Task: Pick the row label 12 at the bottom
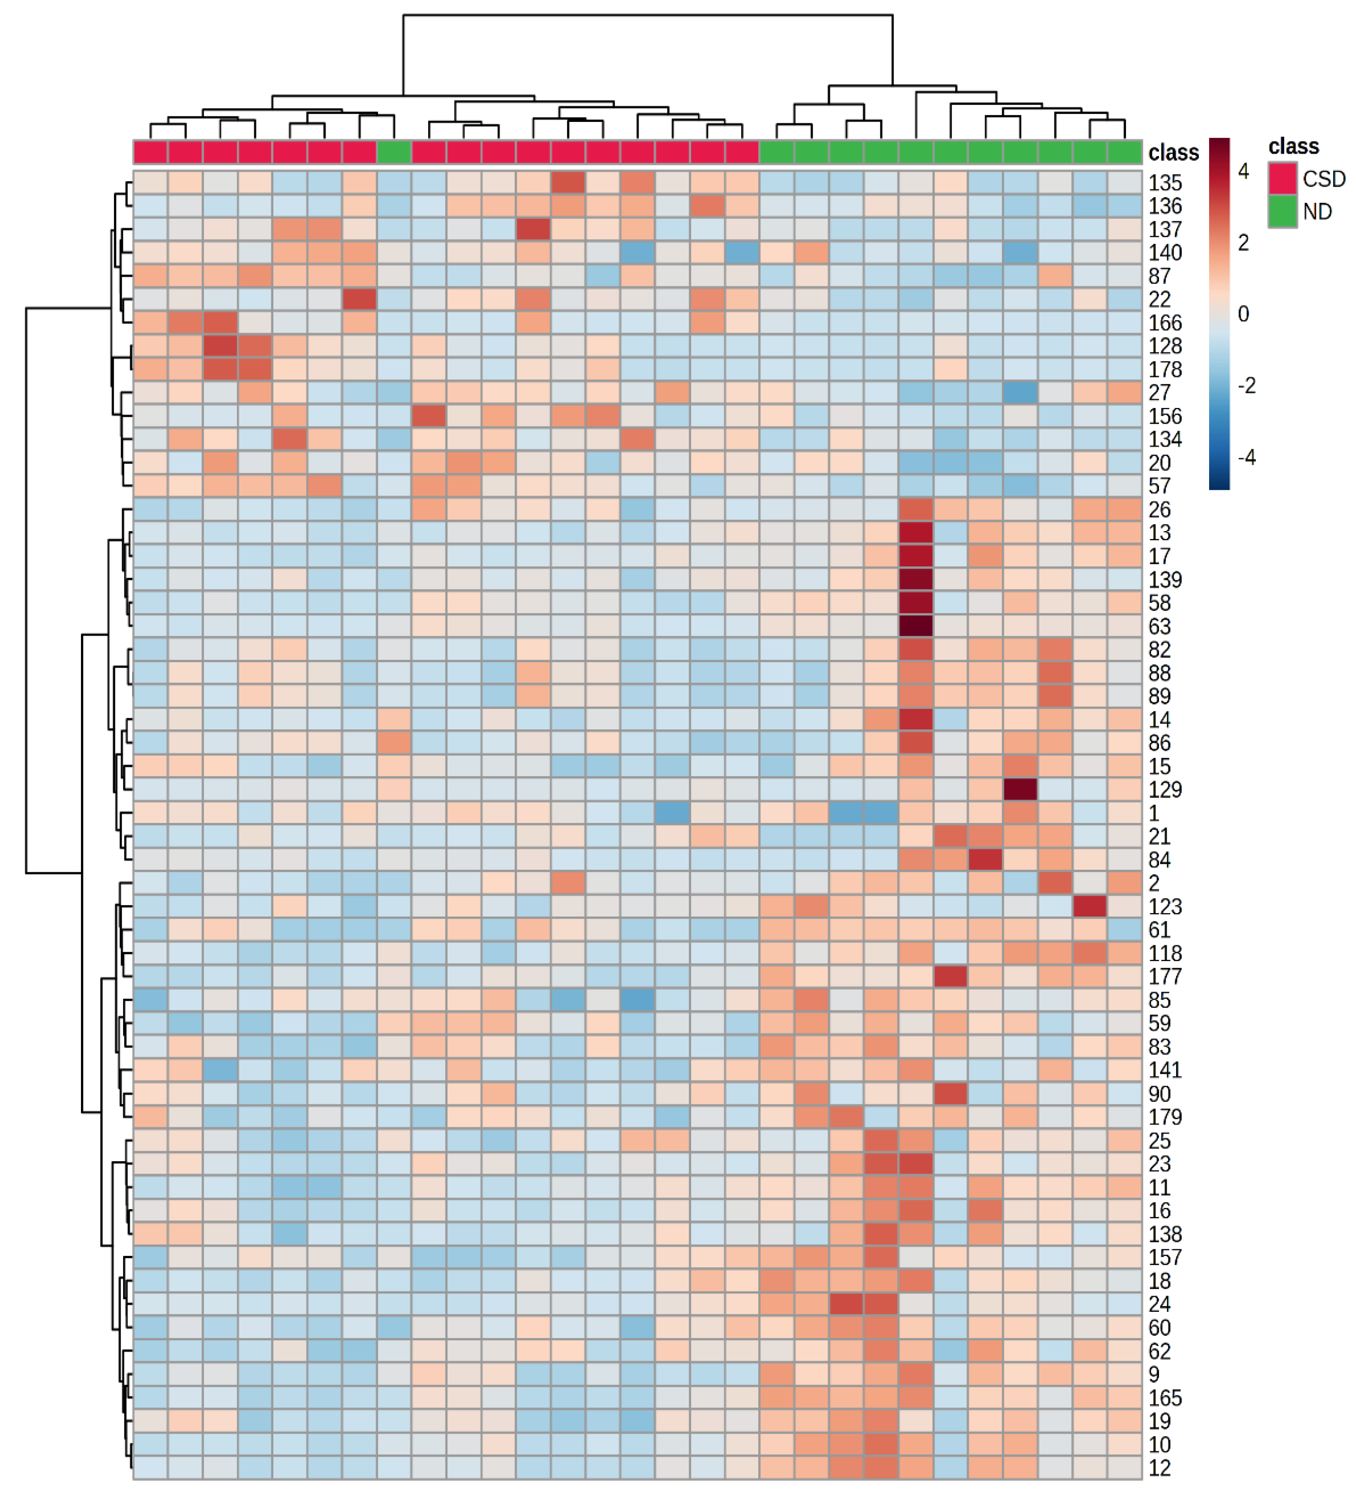point(1159,1468)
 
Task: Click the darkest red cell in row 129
point(1020,790)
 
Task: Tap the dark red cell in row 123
point(1090,907)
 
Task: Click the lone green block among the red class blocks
point(394,152)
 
